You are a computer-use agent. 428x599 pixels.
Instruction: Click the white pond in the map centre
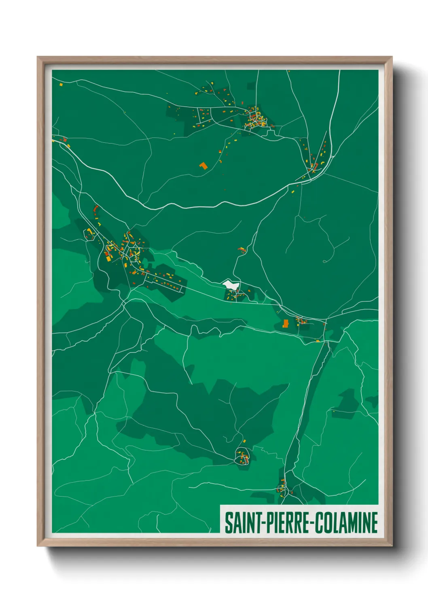coord(231,285)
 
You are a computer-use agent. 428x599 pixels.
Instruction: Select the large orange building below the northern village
coord(203,165)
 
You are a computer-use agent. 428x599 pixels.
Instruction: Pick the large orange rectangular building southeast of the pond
coord(286,323)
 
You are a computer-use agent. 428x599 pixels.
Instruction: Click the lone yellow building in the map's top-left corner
coord(61,85)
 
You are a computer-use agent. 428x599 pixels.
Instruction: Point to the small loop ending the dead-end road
coord(325,261)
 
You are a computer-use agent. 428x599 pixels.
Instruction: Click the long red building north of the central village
coord(96,209)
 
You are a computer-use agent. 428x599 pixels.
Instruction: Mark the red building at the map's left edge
coord(65,140)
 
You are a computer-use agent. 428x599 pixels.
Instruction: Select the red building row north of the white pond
coord(242,249)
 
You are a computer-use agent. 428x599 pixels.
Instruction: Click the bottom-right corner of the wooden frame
coord(392,546)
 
